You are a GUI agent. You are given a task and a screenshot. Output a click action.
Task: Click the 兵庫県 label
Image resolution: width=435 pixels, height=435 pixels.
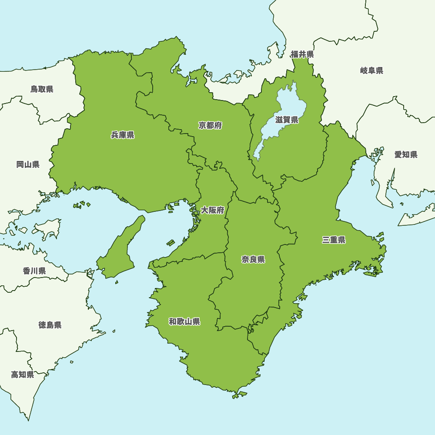[x=123, y=135]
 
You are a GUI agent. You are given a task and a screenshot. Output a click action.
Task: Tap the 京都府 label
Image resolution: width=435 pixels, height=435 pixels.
[x=210, y=126]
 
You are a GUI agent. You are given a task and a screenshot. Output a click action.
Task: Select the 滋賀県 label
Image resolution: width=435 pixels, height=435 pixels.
[x=287, y=120]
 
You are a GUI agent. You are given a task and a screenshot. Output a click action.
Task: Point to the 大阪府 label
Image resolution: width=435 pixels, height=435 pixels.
[x=212, y=211]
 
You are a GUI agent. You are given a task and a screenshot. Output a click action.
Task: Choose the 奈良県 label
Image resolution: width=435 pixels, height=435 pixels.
[x=253, y=260]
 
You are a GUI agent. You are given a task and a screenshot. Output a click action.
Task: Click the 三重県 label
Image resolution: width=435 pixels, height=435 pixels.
[x=334, y=240]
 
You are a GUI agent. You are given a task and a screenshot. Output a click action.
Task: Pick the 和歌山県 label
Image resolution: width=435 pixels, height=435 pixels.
[x=184, y=322]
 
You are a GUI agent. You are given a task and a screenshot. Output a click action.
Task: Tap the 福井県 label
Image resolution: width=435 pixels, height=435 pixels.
[x=302, y=54]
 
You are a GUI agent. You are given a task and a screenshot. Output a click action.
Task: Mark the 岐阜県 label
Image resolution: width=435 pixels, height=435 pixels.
[x=371, y=70]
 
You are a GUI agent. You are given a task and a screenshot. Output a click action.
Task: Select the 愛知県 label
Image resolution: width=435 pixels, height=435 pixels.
[x=406, y=154]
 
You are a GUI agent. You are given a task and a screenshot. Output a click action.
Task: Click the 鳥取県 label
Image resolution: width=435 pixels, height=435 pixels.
[x=42, y=89]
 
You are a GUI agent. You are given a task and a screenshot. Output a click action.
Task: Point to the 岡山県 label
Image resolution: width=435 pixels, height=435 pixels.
[x=28, y=164]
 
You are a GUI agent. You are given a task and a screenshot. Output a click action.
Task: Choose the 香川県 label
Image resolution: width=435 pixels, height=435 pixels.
[x=34, y=271]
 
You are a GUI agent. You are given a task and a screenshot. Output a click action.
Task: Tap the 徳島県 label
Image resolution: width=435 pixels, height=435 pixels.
[x=50, y=325]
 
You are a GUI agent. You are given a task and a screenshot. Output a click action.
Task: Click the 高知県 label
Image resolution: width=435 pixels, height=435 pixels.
[x=23, y=375]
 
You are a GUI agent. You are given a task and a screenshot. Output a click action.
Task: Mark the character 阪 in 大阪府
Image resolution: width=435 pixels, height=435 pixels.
[x=212, y=211]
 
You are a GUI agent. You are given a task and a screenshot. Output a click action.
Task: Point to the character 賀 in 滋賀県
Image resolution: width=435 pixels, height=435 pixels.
[x=287, y=120]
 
